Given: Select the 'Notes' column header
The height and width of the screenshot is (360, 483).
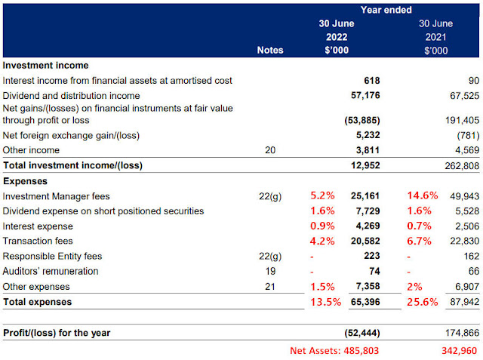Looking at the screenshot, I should tap(269, 50).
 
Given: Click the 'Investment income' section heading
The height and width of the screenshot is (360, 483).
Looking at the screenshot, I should tap(45, 66).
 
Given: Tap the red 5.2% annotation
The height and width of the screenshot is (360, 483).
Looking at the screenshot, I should tap(321, 196).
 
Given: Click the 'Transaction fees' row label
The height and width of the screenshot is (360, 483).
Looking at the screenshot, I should tap(38, 242).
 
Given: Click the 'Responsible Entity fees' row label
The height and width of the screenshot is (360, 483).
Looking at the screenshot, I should tap(51, 257).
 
